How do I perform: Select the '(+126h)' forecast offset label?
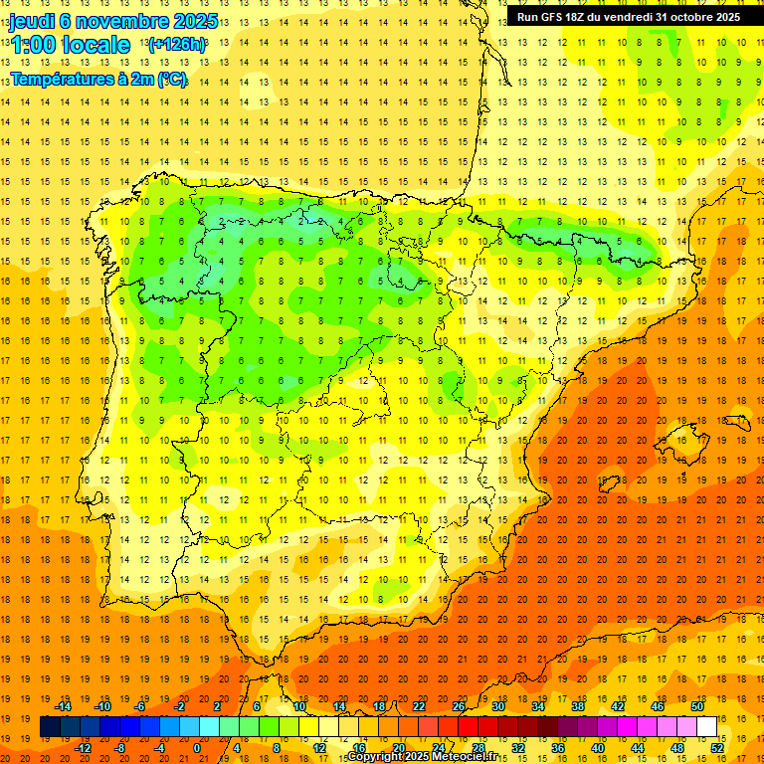tap(177, 45)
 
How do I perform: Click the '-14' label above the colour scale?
tap(65, 706)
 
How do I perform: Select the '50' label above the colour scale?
tap(697, 706)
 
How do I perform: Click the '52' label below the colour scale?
tap(717, 747)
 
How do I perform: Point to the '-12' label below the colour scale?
tap(84, 747)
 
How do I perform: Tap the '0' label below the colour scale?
tap(197, 747)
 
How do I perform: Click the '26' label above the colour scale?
tap(459, 706)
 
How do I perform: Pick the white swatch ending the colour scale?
tap(707, 726)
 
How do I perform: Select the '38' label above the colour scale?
tap(578, 706)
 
